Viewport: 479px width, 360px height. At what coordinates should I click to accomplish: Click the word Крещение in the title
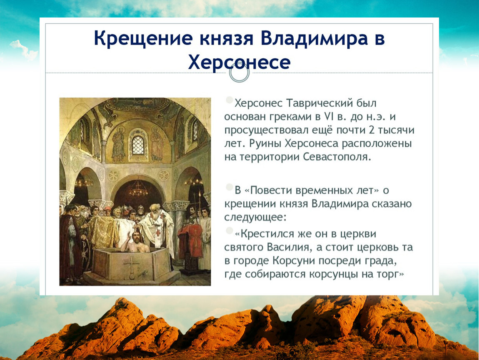coord(143,39)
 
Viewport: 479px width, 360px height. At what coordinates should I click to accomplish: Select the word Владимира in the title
coord(314,38)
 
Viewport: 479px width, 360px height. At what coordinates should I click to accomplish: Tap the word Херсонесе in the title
coord(239,62)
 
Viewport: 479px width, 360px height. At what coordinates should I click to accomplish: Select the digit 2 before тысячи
coord(372,130)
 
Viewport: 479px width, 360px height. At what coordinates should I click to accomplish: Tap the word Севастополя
coord(337,157)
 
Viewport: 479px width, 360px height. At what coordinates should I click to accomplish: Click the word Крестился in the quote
coord(268,234)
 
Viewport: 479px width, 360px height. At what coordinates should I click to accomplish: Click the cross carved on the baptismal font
coord(132,265)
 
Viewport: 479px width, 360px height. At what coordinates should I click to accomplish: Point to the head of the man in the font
coord(136,237)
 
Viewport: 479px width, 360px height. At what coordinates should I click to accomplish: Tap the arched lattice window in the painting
coord(138,145)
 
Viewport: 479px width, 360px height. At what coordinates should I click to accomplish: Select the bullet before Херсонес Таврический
coord(229,100)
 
